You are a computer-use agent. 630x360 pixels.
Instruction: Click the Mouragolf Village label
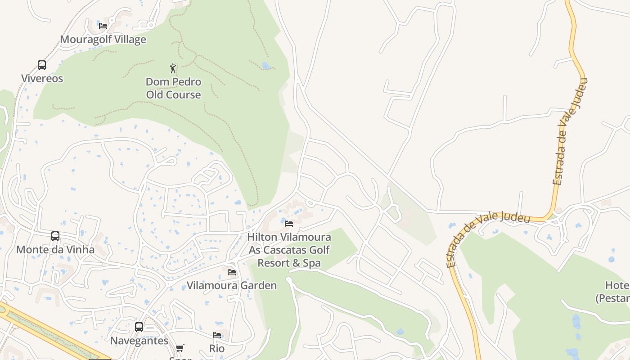click(103, 39)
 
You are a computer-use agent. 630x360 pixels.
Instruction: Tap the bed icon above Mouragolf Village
click(103, 26)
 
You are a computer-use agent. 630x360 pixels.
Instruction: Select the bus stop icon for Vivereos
click(42, 65)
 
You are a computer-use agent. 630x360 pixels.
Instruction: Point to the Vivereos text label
click(42, 78)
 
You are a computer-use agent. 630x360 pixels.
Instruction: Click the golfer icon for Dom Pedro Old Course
click(173, 68)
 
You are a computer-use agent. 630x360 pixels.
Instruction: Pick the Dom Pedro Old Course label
click(173, 88)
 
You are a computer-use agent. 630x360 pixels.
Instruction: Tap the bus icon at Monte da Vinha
click(55, 236)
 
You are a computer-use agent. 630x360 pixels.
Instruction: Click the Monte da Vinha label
click(55, 249)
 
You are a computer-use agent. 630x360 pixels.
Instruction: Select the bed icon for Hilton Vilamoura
click(289, 224)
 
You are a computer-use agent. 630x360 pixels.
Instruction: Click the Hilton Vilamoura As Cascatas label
click(289, 250)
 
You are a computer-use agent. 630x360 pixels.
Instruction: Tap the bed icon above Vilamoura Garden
click(232, 272)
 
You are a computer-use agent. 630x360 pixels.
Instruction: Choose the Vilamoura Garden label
click(232, 285)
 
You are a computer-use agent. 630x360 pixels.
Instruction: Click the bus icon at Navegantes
click(139, 327)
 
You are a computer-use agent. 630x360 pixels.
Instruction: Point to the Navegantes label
click(139, 341)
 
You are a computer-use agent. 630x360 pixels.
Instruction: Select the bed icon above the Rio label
click(217, 335)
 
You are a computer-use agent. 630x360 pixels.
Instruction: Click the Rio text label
click(217, 348)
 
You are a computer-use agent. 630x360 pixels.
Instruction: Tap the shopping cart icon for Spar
click(180, 348)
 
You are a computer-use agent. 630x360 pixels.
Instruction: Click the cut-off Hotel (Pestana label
click(613, 292)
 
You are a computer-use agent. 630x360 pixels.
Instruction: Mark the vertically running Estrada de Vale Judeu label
click(570, 131)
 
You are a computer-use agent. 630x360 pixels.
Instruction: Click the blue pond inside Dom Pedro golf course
click(266, 66)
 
